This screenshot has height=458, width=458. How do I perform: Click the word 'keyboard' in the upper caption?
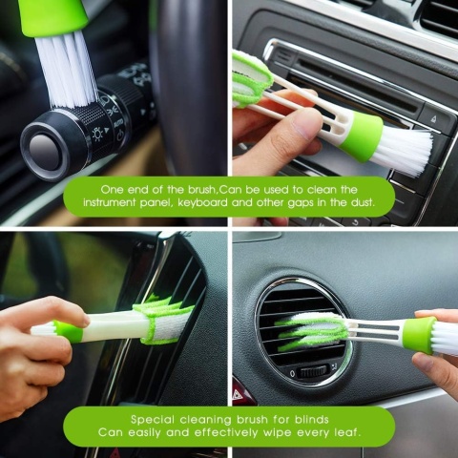[203, 202]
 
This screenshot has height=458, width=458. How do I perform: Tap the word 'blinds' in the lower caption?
[312, 420]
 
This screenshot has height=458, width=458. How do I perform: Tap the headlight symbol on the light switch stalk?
[98, 135]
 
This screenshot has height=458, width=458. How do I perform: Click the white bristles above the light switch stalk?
[67, 70]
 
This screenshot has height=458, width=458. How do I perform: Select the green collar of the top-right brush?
[361, 137]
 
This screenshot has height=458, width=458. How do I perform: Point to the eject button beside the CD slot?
[433, 119]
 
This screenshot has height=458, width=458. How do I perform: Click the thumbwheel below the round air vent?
[313, 371]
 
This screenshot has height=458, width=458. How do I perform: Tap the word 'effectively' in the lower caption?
[226, 432]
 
